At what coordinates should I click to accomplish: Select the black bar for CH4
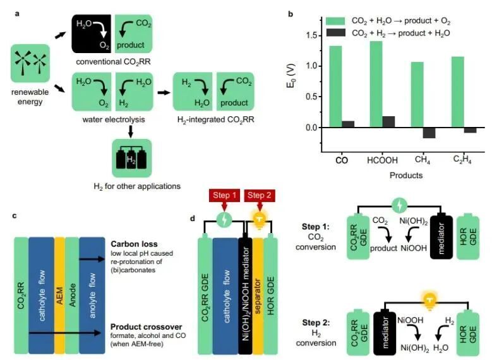coord(429,133)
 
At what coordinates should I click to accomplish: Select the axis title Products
coord(405,175)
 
